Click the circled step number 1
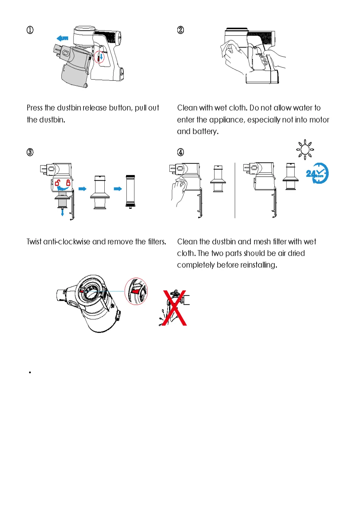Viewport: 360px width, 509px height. click(30, 30)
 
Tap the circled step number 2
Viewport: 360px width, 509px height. click(180, 30)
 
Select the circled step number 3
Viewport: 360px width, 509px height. click(30, 152)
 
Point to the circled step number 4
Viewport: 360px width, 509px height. click(180, 152)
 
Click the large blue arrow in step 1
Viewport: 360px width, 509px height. click(62, 38)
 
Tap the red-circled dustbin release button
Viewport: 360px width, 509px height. click(99, 57)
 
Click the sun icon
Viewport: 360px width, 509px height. click(305, 149)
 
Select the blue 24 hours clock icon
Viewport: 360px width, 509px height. click(317, 173)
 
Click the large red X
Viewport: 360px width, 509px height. click(175, 308)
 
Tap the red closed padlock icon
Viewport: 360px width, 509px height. click(68, 182)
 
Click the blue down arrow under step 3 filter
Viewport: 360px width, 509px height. click(62, 212)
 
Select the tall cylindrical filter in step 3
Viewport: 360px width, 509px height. click(130, 191)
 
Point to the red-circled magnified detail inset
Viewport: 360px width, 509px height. click(136, 291)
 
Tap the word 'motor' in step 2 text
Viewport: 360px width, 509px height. click(315, 120)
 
